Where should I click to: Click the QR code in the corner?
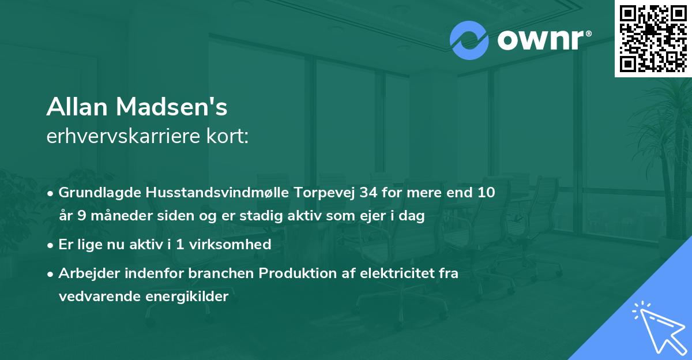tap(653, 39)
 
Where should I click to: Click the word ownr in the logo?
tap(540, 40)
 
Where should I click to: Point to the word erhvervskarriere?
tap(125, 137)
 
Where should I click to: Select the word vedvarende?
tap(97, 297)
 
